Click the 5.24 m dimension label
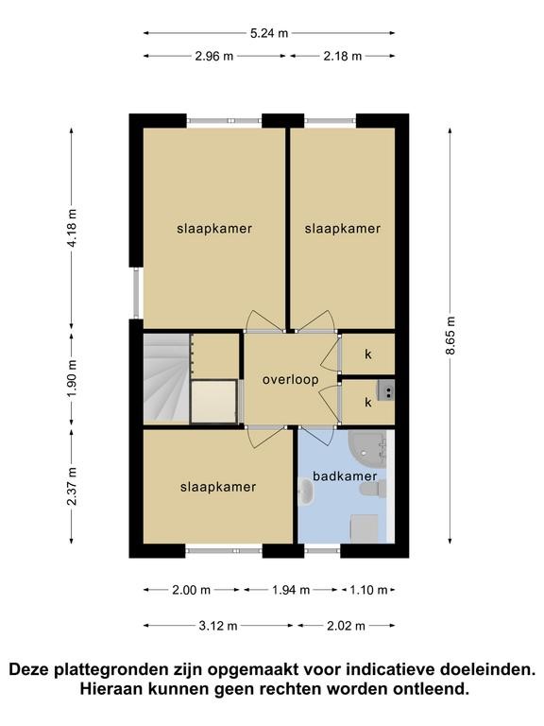tap(269, 33)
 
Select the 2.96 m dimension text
tap(214, 56)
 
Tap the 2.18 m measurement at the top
tap(342, 56)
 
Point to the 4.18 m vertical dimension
tap(72, 228)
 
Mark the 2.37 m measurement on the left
tap(72, 486)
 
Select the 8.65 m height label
tap(450, 336)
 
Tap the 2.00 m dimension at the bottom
tap(191, 590)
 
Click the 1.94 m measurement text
tap(291, 590)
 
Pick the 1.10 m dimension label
tap(368, 590)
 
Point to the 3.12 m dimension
tap(218, 626)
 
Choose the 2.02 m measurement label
tap(346, 626)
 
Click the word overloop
tap(291, 380)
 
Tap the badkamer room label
tap(345, 476)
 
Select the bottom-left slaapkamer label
tap(218, 487)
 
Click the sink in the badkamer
tap(306, 493)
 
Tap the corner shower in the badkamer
tap(367, 446)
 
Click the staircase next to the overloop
tap(166, 377)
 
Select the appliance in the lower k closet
tap(385, 389)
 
